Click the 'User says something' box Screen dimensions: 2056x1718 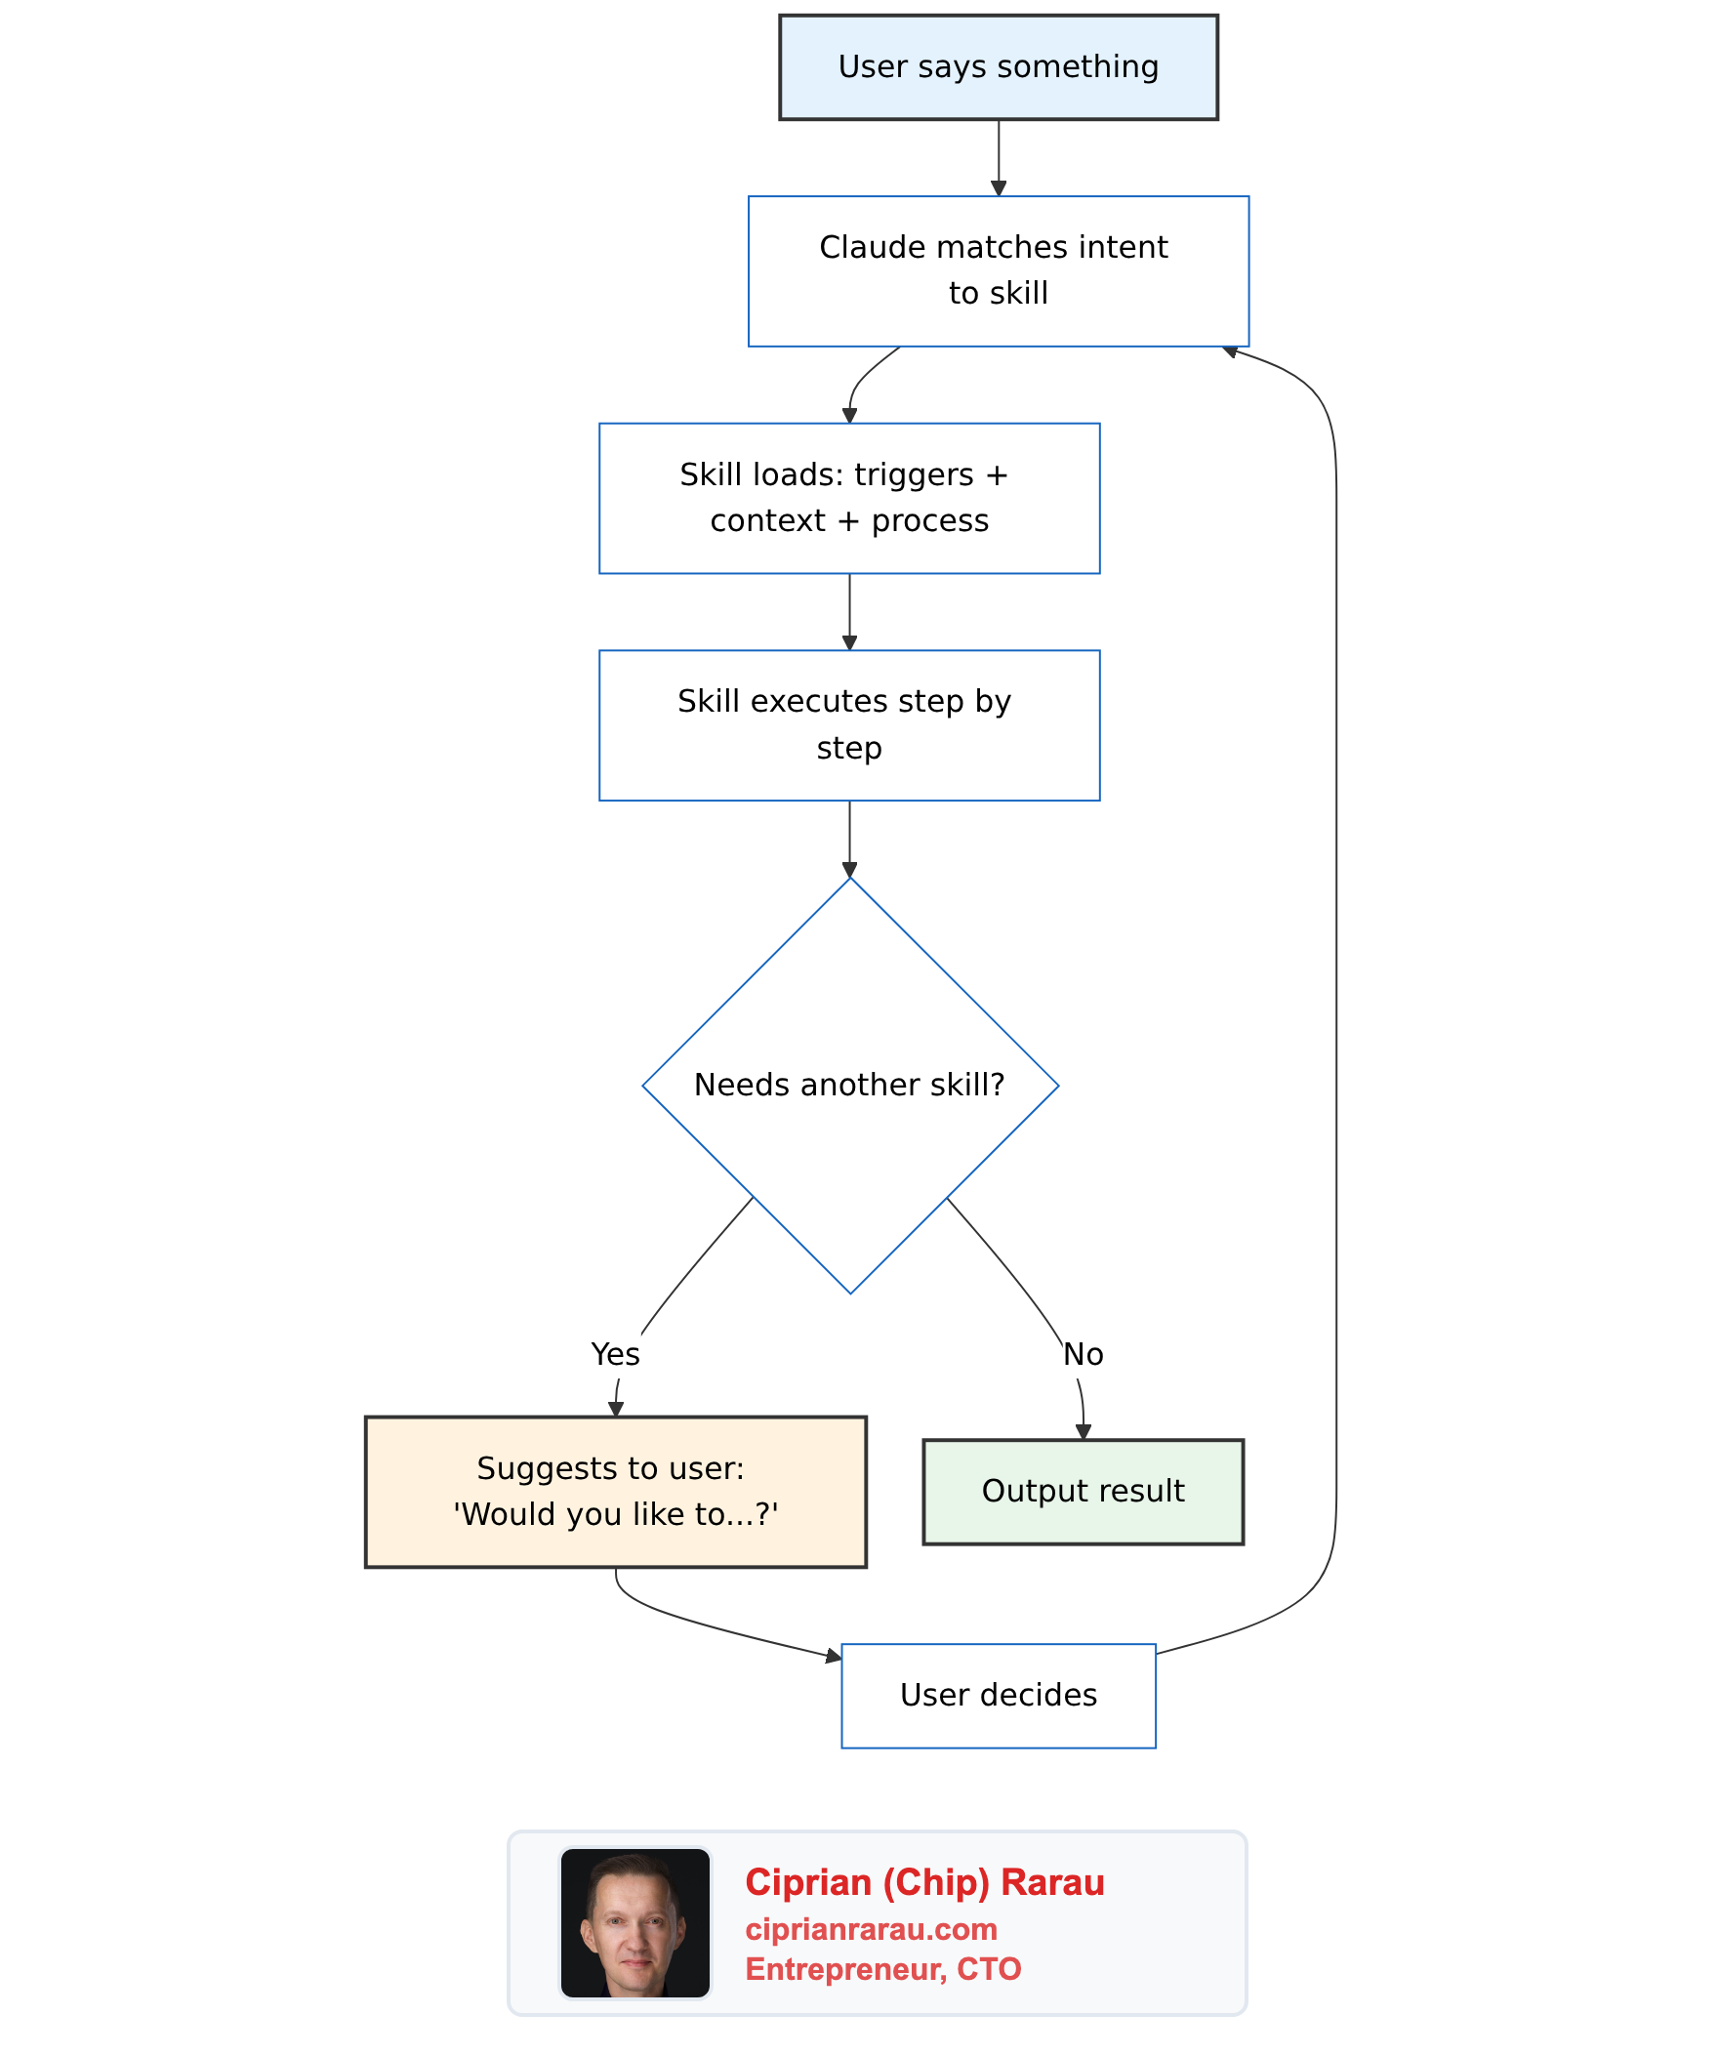(998, 67)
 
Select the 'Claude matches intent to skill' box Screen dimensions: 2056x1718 (998, 271)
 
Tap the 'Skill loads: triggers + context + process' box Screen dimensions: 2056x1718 (848, 498)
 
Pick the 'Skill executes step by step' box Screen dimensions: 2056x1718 (848, 725)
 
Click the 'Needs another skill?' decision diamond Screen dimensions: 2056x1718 (849, 1085)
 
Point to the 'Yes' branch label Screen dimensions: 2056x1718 (615, 1354)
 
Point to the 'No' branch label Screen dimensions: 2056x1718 (1083, 1354)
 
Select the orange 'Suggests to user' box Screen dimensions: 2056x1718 (615, 1491)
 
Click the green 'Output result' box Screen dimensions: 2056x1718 (1083, 1491)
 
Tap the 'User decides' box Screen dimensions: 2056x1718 (998, 1695)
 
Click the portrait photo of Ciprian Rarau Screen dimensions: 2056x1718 (634, 1923)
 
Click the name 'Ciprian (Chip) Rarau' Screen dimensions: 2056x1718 (924, 1881)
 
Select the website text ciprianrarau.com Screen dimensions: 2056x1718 (871, 1929)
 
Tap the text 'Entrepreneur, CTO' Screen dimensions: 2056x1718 (882, 1969)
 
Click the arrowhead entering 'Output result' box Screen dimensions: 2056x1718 (1083, 1432)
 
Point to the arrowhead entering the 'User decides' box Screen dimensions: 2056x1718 (834, 1656)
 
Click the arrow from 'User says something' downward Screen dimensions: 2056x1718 (998, 156)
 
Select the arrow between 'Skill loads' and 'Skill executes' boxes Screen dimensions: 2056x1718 (848, 611)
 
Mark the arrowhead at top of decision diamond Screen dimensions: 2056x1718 (848, 871)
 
